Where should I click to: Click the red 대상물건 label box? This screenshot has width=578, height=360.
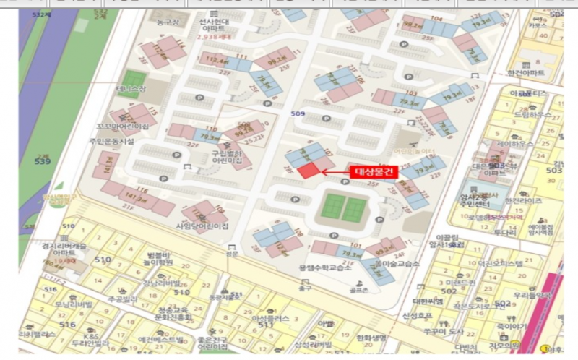374,172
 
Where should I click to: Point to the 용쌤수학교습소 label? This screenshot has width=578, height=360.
324,268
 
